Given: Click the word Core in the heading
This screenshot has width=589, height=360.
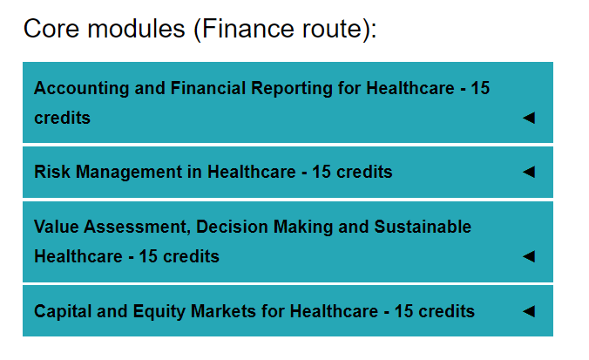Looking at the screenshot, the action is pyautogui.click(x=51, y=29).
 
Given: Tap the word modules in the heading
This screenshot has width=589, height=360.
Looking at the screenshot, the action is pyautogui.click(x=136, y=29).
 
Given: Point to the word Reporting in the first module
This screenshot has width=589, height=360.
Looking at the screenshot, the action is pyautogui.click(x=292, y=89).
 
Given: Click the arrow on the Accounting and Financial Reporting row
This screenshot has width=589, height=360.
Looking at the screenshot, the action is pyautogui.click(x=529, y=118).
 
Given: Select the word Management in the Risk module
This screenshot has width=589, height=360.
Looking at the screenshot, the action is pyautogui.click(x=129, y=173).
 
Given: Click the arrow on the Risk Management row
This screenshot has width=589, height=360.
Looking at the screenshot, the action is pyautogui.click(x=529, y=172).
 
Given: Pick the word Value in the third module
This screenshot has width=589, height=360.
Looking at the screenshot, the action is pyautogui.click(x=57, y=227).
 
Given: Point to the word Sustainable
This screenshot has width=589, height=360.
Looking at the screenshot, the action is pyautogui.click(x=423, y=227).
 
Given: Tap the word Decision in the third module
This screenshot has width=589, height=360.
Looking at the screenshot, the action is pyautogui.click(x=232, y=227).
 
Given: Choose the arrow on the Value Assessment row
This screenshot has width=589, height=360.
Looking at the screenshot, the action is pyautogui.click(x=529, y=256).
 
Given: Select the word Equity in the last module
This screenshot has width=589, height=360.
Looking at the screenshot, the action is pyautogui.click(x=159, y=312).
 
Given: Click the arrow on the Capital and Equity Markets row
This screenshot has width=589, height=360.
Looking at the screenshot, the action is pyautogui.click(x=529, y=311).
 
